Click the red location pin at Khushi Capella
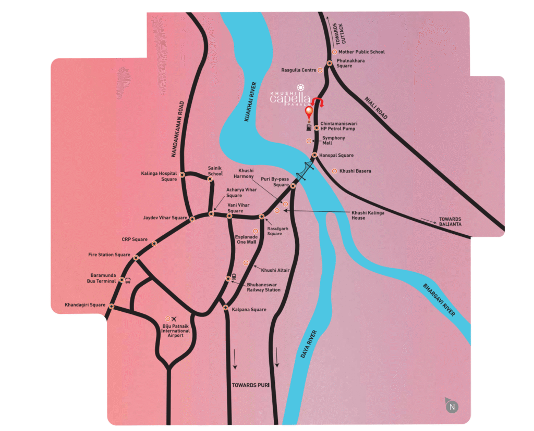pos(310,111)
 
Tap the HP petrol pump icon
pos(310,126)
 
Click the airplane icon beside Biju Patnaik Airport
pos(174,319)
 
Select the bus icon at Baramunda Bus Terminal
pos(128,280)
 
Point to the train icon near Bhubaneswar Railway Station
pos(234,276)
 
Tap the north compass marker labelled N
pos(452,405)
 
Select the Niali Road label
pos(377,108)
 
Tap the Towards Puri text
pos(250,385)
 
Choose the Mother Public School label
pos(361,52)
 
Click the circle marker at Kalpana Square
pos(225,308)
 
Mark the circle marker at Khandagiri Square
pos(111,307)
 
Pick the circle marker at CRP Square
pos(154,244)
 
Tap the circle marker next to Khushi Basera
pos(334,171)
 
